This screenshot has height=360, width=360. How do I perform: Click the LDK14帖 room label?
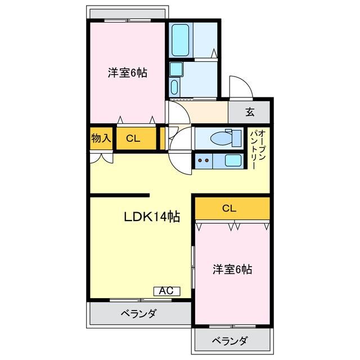point(152,217)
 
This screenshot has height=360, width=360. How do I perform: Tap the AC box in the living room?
point(166,291)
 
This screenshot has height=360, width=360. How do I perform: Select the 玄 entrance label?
point(249,112)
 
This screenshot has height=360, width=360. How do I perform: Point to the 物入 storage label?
point(101,138)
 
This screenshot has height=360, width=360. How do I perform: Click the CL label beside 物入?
point(133,139)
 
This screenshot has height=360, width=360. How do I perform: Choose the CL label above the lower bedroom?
point(228,208)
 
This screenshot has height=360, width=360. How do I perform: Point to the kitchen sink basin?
point(233,160)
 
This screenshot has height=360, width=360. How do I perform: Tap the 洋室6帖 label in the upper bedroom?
point(128,73)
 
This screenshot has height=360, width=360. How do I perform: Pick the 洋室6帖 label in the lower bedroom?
point(232,269)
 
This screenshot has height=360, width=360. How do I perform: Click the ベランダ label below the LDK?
point(138,313)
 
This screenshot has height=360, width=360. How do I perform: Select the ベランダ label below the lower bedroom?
point(229,340)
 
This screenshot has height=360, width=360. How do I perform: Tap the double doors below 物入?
point(101,157)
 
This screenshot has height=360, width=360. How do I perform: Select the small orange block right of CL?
point(162,138)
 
